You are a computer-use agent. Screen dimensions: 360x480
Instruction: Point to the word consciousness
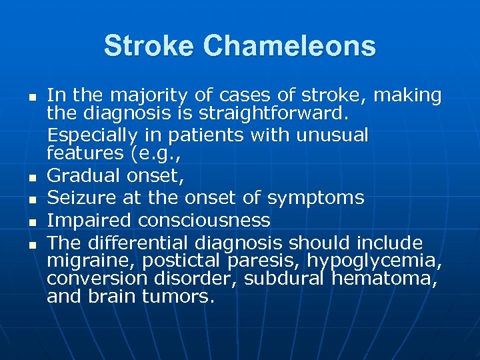coord(200,220)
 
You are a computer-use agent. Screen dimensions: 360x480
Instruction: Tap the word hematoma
coord(384,279)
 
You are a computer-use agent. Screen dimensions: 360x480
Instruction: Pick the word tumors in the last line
coord(179,297)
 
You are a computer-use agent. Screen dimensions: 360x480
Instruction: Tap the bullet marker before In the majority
coord(31,97)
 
